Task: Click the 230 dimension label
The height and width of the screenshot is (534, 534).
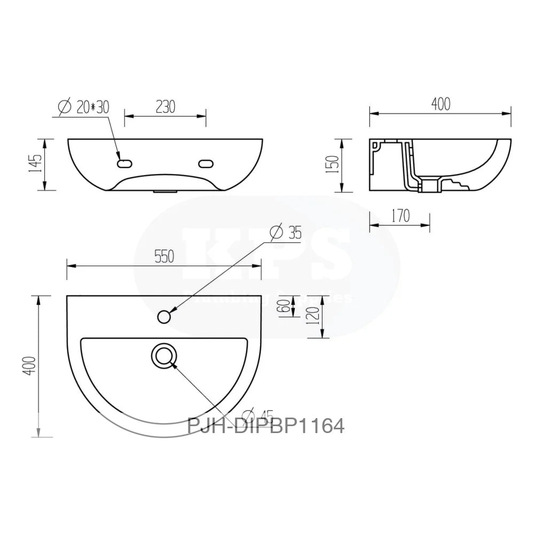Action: point(166,106)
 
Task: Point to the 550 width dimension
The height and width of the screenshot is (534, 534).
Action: point(164,256)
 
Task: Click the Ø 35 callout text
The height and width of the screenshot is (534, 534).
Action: point(286,233)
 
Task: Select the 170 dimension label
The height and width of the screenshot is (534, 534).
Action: point(400,216)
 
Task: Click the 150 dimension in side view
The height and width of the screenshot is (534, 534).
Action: point(334,164)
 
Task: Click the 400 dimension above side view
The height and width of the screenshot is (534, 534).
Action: point(440,104)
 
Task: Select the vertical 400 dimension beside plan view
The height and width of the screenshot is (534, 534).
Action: point(31,366)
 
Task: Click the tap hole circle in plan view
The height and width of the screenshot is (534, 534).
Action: point(164,317)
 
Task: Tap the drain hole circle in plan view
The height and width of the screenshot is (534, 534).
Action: point(164,356)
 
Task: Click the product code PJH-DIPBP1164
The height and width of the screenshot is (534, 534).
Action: point(265,426)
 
